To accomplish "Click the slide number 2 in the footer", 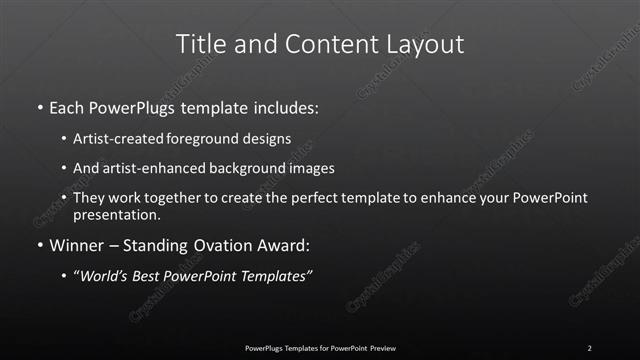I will (x=589, y=347).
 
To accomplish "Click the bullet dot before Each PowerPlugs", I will (x=39, y=106).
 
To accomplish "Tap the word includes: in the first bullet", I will (x=289, y=106).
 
